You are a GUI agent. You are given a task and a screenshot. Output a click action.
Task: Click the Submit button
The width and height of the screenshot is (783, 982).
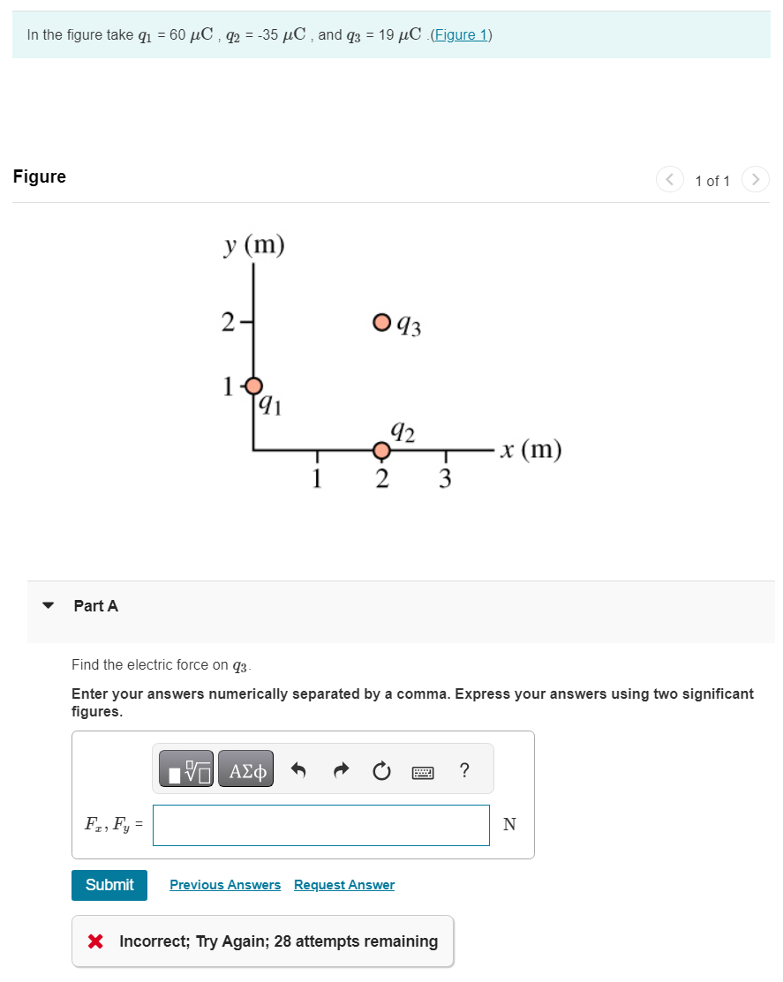pos(109,885)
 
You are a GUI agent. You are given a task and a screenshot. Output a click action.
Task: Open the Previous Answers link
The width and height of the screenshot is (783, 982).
pos(225,885)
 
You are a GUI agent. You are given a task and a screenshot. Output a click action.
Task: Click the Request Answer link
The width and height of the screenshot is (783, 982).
pos(344,885)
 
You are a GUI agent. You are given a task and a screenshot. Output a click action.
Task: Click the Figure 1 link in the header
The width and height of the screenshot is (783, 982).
pos(460,35)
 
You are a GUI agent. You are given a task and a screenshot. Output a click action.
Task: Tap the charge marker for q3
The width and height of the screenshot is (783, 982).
pos(381,322)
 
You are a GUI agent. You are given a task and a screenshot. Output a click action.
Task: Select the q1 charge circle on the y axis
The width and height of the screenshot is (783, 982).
pos(254,386)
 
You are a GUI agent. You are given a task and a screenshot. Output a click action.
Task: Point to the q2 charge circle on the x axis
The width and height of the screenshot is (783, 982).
pos(381,452)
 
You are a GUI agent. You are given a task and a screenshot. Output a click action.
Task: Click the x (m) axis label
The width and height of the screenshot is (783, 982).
pos(530,450)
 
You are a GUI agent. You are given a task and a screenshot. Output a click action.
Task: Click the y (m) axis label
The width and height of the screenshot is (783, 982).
pos(254,245)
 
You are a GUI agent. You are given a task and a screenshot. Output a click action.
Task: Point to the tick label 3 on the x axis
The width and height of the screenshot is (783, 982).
pos(445,479)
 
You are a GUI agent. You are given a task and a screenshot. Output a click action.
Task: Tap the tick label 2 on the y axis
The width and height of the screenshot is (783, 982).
pos(228,323)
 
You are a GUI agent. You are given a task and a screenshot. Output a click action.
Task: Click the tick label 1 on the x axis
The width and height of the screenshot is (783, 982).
pos(316,479)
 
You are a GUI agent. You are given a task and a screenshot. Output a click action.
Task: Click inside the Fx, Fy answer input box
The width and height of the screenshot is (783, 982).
pos(321,825)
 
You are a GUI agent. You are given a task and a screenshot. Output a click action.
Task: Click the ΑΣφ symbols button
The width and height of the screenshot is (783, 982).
pos(245,770)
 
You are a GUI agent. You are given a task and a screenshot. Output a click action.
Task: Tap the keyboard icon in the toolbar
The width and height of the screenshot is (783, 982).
pos(423,771)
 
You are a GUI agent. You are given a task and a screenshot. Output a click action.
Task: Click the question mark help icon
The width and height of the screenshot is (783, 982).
pos(464,770)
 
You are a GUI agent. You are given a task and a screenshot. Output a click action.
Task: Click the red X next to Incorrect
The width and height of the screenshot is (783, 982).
pos(96,941)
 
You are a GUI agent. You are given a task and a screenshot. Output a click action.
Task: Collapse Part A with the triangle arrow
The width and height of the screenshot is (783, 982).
pos(49,606)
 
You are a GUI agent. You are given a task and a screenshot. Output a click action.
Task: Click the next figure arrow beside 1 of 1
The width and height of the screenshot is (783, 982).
pos(755,180)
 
